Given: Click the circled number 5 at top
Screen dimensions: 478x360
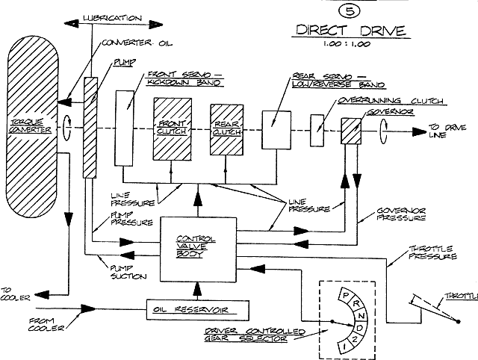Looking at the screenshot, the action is pos(350,11).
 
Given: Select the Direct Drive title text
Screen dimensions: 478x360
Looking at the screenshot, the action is pos(351,31).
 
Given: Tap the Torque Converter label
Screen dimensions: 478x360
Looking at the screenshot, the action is pos(30,126).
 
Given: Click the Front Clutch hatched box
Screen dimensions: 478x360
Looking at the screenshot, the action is pos(173,129).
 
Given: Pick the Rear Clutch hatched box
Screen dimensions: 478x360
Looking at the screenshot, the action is pos(226,130).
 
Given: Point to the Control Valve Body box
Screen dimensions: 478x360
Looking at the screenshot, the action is pos(198,249).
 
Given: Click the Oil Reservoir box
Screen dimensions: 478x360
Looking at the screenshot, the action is pos(197,310).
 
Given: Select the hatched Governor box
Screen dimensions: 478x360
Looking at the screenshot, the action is pos(351,131).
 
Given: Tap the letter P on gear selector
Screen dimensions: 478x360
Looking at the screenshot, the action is pos(346,295).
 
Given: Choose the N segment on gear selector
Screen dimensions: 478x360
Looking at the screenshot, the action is pos(361,316).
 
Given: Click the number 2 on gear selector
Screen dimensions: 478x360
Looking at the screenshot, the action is pos(354,340).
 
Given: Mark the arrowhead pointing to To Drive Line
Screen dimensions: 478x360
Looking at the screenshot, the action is pos(419,132).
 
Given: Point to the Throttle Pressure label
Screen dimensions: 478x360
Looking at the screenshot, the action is pos(432,252).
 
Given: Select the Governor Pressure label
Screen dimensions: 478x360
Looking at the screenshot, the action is pos(401,214).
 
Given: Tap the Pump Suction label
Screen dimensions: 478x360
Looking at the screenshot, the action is pos(128,273).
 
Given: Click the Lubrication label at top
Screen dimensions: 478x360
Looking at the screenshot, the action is pos(113,18).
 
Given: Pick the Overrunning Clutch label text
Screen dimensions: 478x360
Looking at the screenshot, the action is pos(391,101).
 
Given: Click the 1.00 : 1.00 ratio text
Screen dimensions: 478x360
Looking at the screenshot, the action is pos(347,44).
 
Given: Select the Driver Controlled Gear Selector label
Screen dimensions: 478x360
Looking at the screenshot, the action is pos(254,335).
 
